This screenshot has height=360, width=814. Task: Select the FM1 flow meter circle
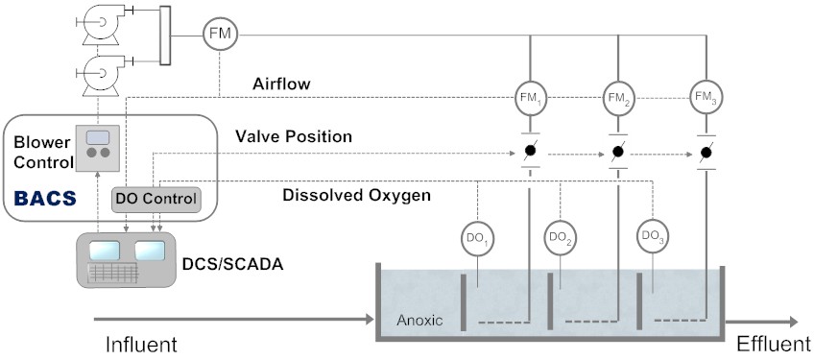pos(529,96)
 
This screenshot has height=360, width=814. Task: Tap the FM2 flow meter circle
pos(618,96)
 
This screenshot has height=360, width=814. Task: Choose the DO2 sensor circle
pos(563,236)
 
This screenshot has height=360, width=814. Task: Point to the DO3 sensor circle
pos(653,236)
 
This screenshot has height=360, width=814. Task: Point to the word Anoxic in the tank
pos(419,321)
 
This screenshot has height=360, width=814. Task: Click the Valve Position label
pos(294,137)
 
